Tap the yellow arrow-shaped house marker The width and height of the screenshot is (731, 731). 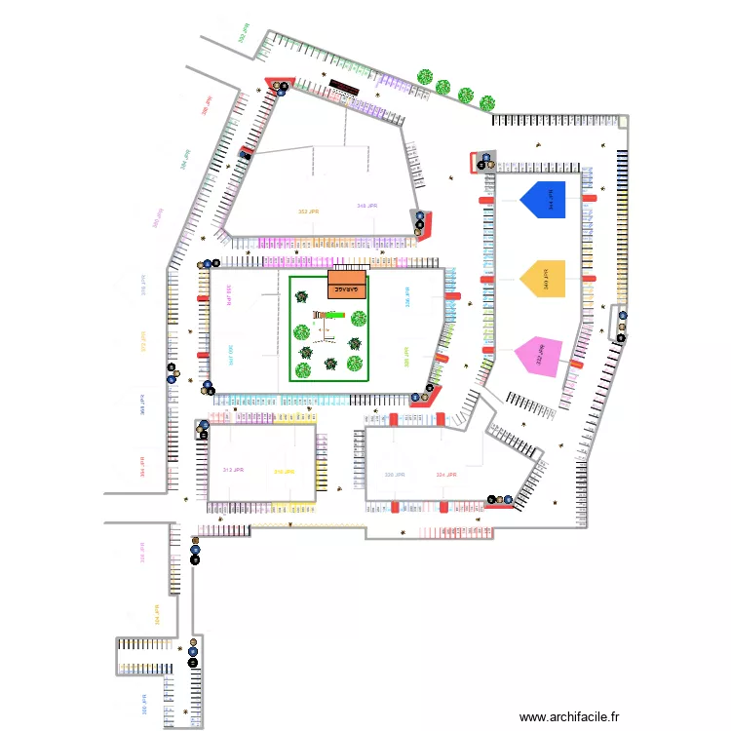pos(543,278)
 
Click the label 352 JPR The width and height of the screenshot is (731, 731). pos(310,212)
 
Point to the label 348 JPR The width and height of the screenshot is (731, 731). pos(367,207)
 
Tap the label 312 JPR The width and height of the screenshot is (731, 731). pos(233,470)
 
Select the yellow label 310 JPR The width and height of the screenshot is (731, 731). pos(285,472)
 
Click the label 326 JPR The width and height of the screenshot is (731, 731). pos(395,475)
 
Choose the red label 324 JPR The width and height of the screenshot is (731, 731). pos(446,475)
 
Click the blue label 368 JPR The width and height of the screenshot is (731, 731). pos(142,404)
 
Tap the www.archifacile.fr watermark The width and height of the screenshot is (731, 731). pos(570,716)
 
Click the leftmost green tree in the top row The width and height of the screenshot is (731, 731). pos(425,76)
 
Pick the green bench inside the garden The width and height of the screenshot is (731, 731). pos(331,314)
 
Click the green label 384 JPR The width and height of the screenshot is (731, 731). pos(184,159)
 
